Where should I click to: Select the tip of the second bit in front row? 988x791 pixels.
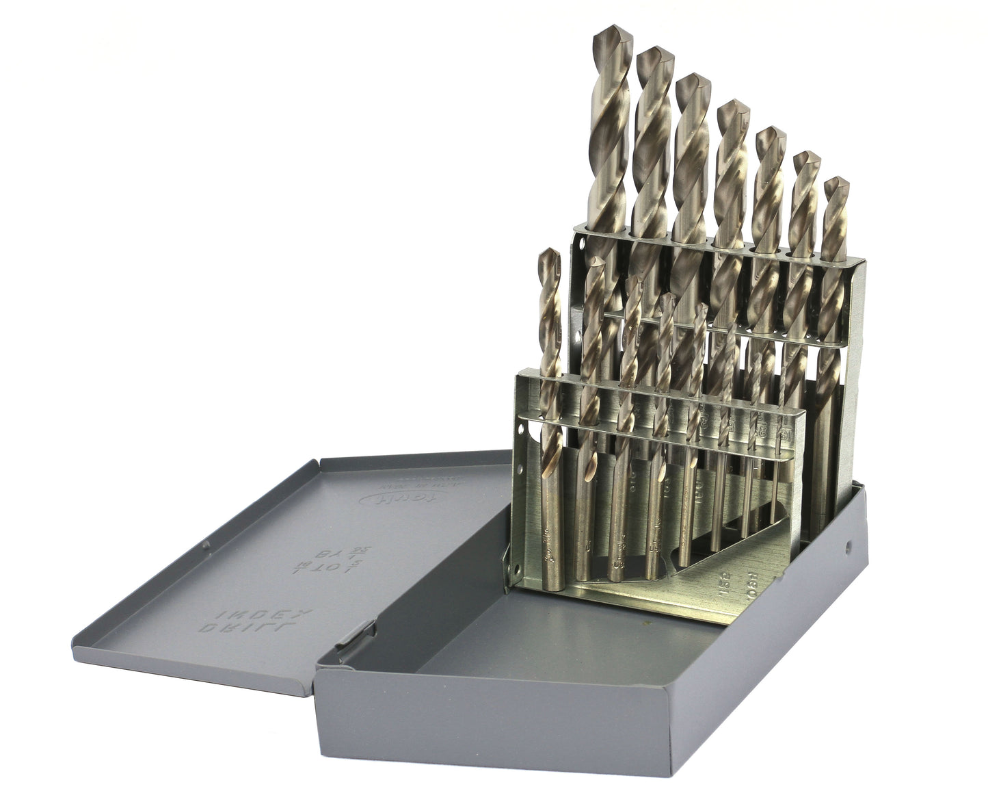[596, 262]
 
